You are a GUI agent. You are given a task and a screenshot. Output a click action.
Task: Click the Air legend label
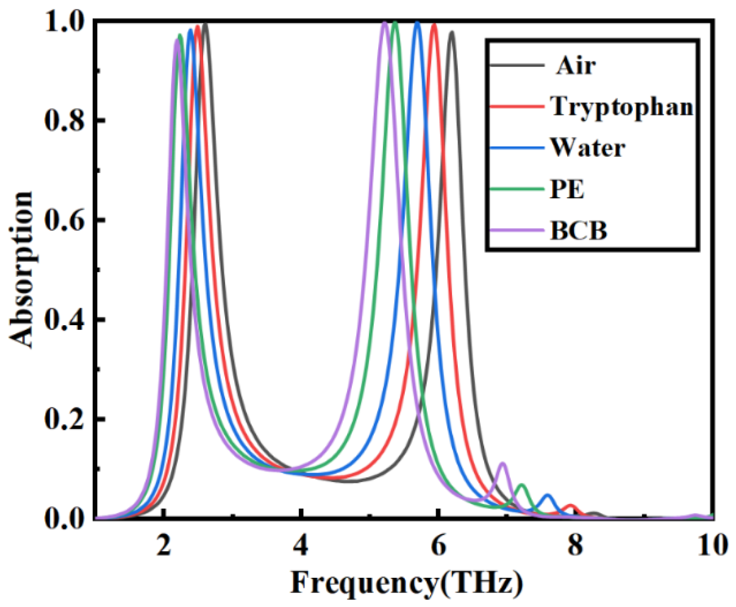click(576, 66)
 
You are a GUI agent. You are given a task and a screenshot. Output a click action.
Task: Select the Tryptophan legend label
click(622, 106)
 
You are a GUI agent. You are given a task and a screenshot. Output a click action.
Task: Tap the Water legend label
click(587, 148)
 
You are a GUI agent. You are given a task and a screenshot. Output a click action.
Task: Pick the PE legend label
click(567, 189)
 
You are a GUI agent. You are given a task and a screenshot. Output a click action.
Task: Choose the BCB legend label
click(579, 231)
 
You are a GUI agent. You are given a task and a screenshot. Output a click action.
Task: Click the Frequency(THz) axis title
click(407, 583)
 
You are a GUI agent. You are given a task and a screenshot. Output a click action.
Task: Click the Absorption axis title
click(21, 269)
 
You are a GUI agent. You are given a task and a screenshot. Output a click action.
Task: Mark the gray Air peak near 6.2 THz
click(451, 32)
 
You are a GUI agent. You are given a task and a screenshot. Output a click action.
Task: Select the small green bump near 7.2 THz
click(522, 485)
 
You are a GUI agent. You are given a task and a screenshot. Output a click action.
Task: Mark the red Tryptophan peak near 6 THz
click(434, 24)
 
